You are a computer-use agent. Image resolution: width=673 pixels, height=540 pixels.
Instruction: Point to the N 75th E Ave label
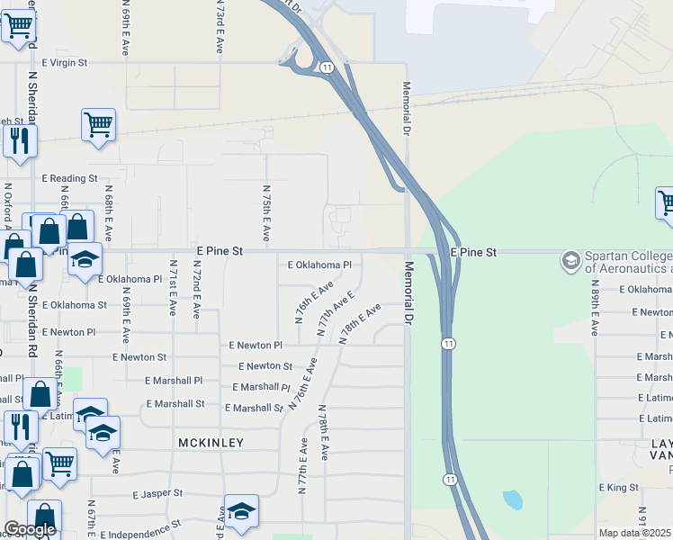pyautogui.click(x=266, y=214)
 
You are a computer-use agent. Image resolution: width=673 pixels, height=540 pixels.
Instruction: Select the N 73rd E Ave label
pyautogui.click(x=220, y=27)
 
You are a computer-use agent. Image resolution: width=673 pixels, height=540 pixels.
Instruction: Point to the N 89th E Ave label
pyautogui.click(x=595, y=308)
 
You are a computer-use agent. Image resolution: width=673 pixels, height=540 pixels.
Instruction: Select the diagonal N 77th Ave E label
pyautogui.click(x=336, y=313)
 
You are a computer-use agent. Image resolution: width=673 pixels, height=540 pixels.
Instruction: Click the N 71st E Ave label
pyautogui.click(x=172, y=289)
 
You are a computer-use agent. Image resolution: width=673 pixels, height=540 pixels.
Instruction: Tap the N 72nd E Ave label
pyautogui.click(x=194, y=290)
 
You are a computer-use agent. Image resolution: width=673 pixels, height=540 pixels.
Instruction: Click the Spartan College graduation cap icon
pyautogui.click(x=570, y=261)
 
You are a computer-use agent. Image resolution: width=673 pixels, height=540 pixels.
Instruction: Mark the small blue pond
pyautogui.click(x=512, y=499)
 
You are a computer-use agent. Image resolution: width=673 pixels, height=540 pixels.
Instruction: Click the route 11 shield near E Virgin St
pyautogui.click(x=326, y=67)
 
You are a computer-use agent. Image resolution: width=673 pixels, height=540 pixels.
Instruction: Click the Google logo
pyautogui.click(x=30, y=529)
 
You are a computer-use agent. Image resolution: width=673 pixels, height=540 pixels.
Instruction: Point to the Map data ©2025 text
pyautogui.click(x=635, y=533)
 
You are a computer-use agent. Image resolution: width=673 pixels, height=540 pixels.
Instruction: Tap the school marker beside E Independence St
pyautogui.click(x=241, y=510)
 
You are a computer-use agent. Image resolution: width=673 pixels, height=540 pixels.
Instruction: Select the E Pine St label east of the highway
pyautogui.click(x=473, y=253)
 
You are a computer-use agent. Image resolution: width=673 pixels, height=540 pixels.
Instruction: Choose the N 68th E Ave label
pyautogui.click(x=108, y=219)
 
